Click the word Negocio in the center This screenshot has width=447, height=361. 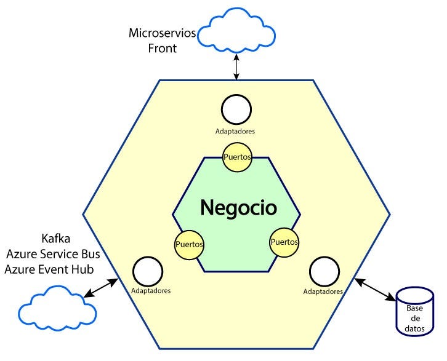pos(238,208)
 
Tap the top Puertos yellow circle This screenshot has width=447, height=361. pos(237,157)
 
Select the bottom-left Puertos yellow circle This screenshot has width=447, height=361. pos(189,244)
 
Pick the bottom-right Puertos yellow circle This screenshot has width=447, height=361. pos(284,242)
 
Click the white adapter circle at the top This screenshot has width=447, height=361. pos(236,110)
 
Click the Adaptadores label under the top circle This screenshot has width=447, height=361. pos(236,131)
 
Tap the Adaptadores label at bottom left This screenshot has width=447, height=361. pos(151,290)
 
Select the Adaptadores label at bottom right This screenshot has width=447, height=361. pos(323,292)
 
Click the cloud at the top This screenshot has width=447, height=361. pos(236,29)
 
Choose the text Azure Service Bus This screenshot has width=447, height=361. pos(53,254)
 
